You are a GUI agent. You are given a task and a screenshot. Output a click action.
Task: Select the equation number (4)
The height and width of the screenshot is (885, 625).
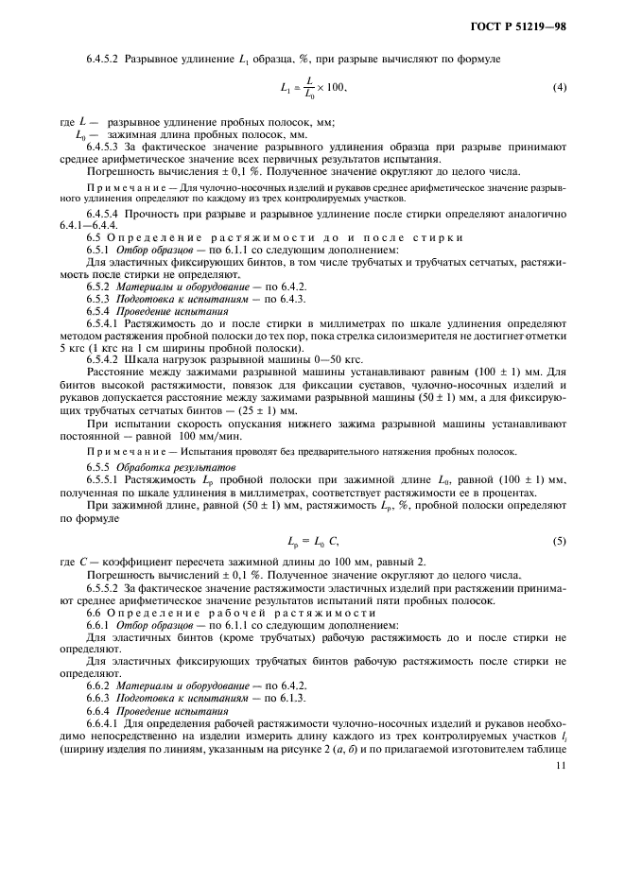(x=559, y=88)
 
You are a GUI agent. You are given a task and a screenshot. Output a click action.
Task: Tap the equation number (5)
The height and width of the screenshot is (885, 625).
(x=559, y=539)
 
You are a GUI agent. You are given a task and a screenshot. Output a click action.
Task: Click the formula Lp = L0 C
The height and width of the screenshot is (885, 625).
(x=312, y=540)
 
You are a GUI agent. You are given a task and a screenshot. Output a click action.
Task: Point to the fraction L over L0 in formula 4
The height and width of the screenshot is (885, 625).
(x=308, y=88)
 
